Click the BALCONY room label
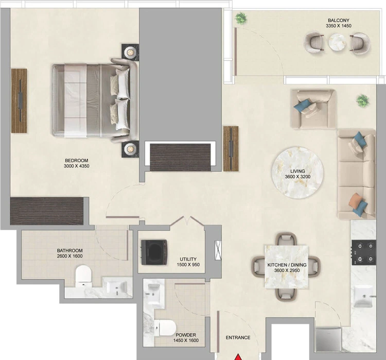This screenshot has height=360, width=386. click(339, 21)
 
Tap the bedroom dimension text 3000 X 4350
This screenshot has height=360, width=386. click(77, 166)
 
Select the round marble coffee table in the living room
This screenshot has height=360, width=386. click(297, 173)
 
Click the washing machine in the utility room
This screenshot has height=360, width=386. click(154, 252)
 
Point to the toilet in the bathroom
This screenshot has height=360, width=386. click(83, 276)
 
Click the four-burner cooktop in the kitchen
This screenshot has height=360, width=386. click(364, 252)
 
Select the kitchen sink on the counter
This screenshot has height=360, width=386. click(363, 297)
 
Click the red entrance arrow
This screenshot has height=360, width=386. click(238, 357)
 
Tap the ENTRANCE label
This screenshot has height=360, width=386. click(238, 337)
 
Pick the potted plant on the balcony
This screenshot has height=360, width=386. click(241, 18)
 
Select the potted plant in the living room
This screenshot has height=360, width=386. click(363, 100)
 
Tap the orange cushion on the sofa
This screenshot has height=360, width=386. click(355, 199)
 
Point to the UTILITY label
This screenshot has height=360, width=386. click(188, 259)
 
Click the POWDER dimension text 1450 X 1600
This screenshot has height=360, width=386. click(186, 340)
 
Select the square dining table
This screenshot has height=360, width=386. click(286, 267)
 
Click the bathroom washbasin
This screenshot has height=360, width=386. click(117, 287)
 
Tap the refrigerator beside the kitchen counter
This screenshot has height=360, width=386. click(328, 339)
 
